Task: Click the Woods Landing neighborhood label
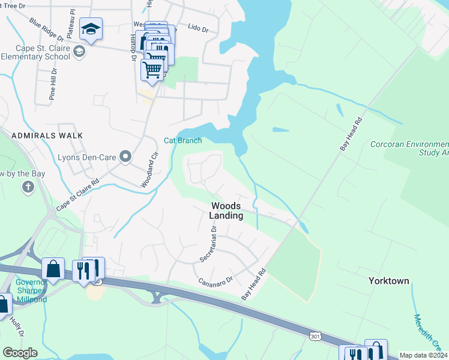click(x=227, y=211)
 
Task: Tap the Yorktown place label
click(x=388, y=281)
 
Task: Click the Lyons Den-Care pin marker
click(x=125, y=157)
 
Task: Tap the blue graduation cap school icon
click(x=91, y=29)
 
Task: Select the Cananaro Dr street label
click(x=215, y=280)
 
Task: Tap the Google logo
click(x=20, y=353)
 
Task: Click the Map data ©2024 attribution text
click(x=423, y=355)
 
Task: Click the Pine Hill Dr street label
click(x=53, y=83)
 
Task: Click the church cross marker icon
click(x=28, y=187)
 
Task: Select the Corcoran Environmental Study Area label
click(x=411, y=149)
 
